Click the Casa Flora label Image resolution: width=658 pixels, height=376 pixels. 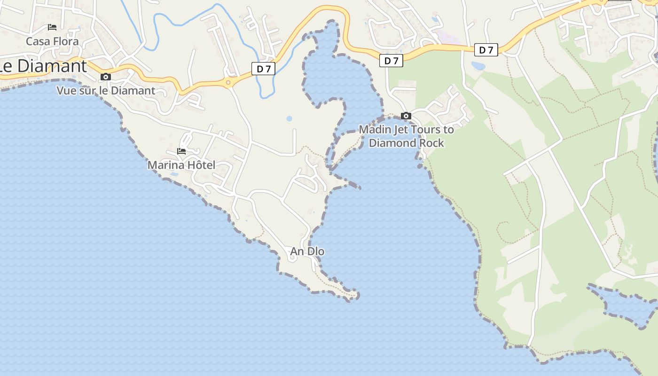[52, 41]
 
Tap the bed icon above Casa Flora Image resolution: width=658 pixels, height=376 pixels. [52, 27]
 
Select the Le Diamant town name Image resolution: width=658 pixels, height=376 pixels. [44, 66]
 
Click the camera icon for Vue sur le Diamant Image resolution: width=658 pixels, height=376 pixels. [106, 77]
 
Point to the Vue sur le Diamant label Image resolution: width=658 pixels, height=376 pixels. [106, 91]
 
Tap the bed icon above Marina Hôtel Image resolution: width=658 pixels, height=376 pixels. [181, 151]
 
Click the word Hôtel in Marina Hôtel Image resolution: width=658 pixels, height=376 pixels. [199, 165]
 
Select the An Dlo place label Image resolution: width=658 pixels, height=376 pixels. [307, 251]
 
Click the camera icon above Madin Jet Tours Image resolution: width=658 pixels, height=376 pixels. [406, 116]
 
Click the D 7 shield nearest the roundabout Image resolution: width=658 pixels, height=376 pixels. [263, 69]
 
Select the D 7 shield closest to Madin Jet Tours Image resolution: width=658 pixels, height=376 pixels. [391, 61]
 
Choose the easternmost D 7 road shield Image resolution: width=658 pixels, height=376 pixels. [486, 50]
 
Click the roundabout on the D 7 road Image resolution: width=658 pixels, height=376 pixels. [228, 83]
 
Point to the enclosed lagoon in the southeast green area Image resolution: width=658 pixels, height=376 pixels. [625, 303]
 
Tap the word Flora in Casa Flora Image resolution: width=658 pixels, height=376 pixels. [66, 41]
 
